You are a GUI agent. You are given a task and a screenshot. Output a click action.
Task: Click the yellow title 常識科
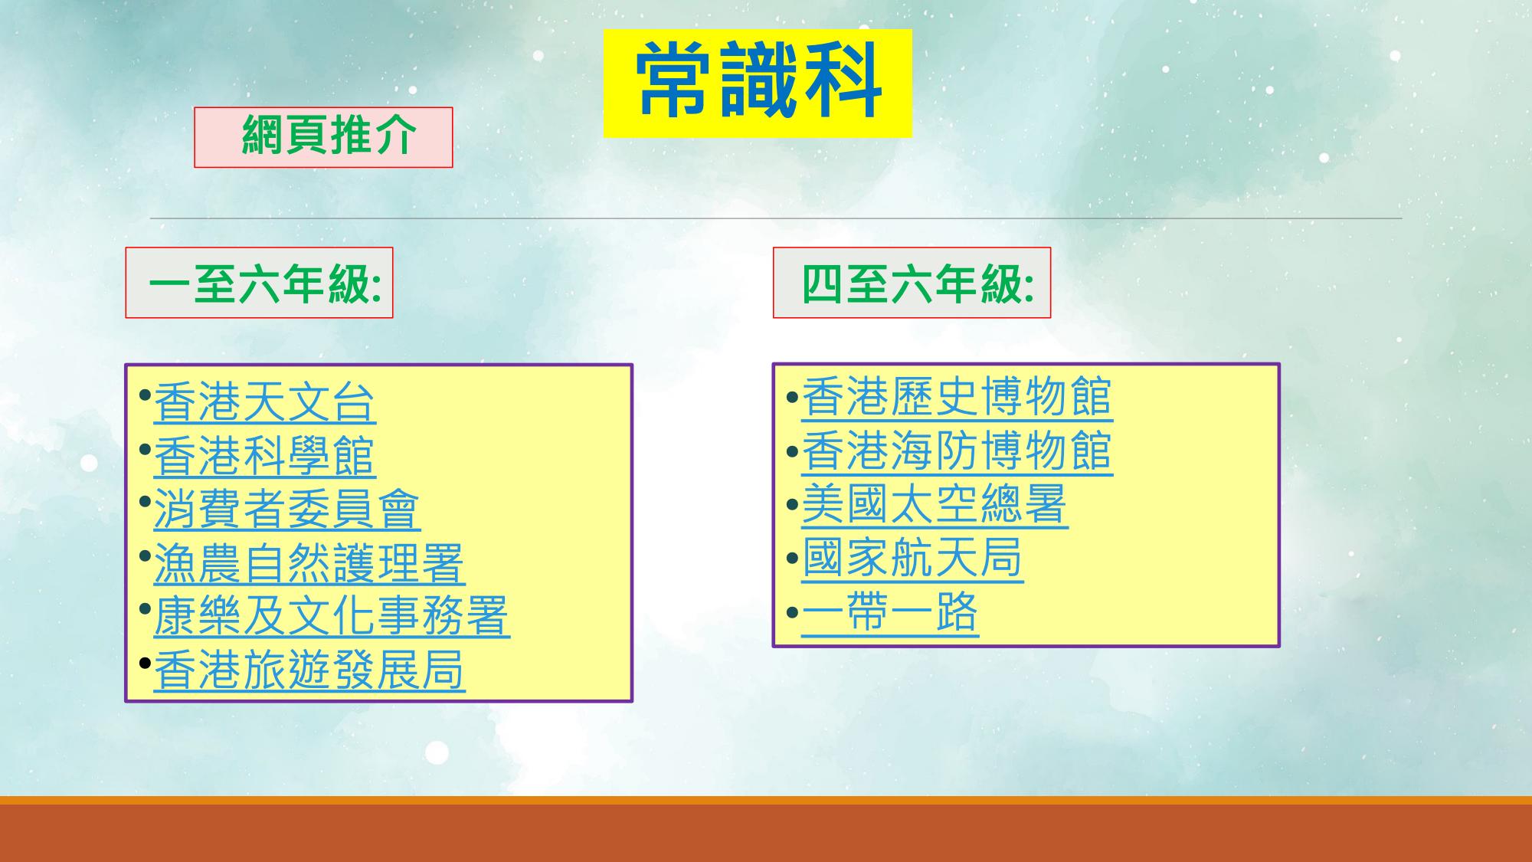coord(758,84)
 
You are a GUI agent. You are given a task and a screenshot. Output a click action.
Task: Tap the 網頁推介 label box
coord(323,137)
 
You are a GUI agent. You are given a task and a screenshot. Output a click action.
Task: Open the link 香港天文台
coord(264,402)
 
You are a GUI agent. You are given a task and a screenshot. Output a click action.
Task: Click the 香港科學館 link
coord(264,456)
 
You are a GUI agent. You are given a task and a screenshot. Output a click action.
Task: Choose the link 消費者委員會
coord(286,510)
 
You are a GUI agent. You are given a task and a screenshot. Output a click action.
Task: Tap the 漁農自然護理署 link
coord(309,563)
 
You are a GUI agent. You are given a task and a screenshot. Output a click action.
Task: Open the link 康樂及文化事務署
coord(331,617)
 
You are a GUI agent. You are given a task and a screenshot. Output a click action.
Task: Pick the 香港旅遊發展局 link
coord(309,670)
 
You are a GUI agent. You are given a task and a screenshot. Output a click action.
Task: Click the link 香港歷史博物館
coord(957,397)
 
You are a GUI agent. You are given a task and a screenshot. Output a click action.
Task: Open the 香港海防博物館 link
coord(957,451)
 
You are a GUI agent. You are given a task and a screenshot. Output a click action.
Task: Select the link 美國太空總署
coord(935,504)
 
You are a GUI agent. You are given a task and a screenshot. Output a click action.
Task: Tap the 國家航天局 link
coord(912,558)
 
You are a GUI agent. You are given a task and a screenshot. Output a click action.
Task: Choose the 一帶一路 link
coord(890,611)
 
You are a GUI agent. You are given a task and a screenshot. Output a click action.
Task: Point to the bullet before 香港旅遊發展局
coord(146,663)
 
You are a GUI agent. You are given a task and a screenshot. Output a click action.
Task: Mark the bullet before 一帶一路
coord(794,612)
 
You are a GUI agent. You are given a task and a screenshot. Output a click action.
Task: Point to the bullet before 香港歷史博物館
coord(794,398)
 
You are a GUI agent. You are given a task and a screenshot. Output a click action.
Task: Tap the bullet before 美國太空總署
coord(794,505)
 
